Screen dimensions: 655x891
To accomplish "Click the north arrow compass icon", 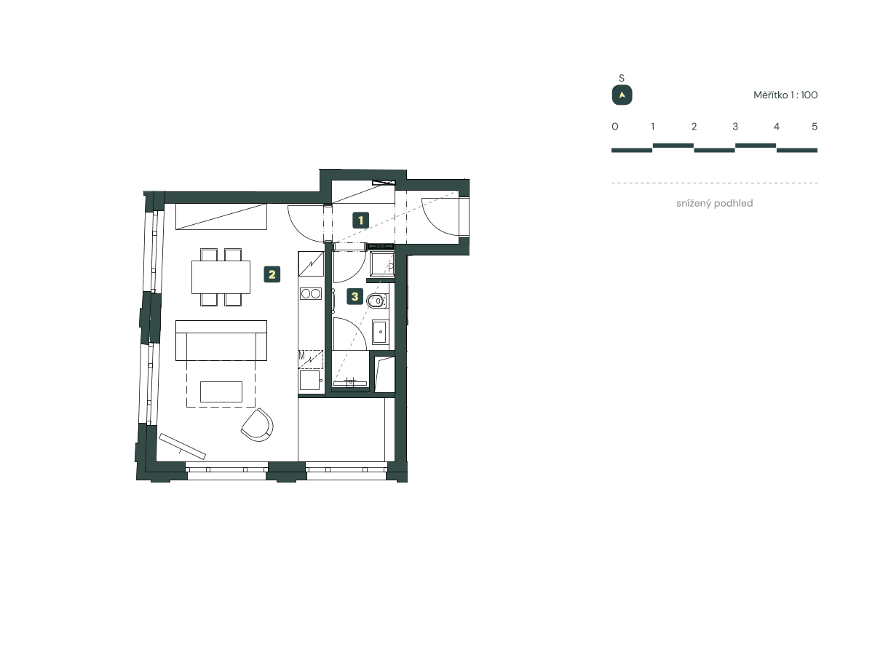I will [622, 95].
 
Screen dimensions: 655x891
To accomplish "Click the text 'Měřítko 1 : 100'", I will [785, 95].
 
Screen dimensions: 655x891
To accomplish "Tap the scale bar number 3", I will [735, 127].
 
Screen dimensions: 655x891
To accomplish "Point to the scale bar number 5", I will [815, 127].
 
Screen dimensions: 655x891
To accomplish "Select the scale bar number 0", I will [615, 127].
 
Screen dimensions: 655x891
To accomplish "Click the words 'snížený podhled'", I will [714, 204].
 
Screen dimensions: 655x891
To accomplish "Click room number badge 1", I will [360, 219].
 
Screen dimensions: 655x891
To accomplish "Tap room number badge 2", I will [272, 274].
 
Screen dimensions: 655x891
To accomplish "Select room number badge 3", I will [355, 296].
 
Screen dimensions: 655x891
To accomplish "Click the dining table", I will [221, 277].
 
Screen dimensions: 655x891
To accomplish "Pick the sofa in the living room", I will [221, 341].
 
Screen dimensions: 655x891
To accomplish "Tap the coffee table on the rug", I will [221, 392].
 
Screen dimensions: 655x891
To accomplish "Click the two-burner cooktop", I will [311, 294].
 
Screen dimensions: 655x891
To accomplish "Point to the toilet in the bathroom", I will [378, 302].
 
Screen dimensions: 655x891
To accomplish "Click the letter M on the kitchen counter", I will [302, 356].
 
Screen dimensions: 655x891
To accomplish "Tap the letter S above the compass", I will [621, 79].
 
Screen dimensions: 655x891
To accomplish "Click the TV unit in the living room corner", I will [183, 446].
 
